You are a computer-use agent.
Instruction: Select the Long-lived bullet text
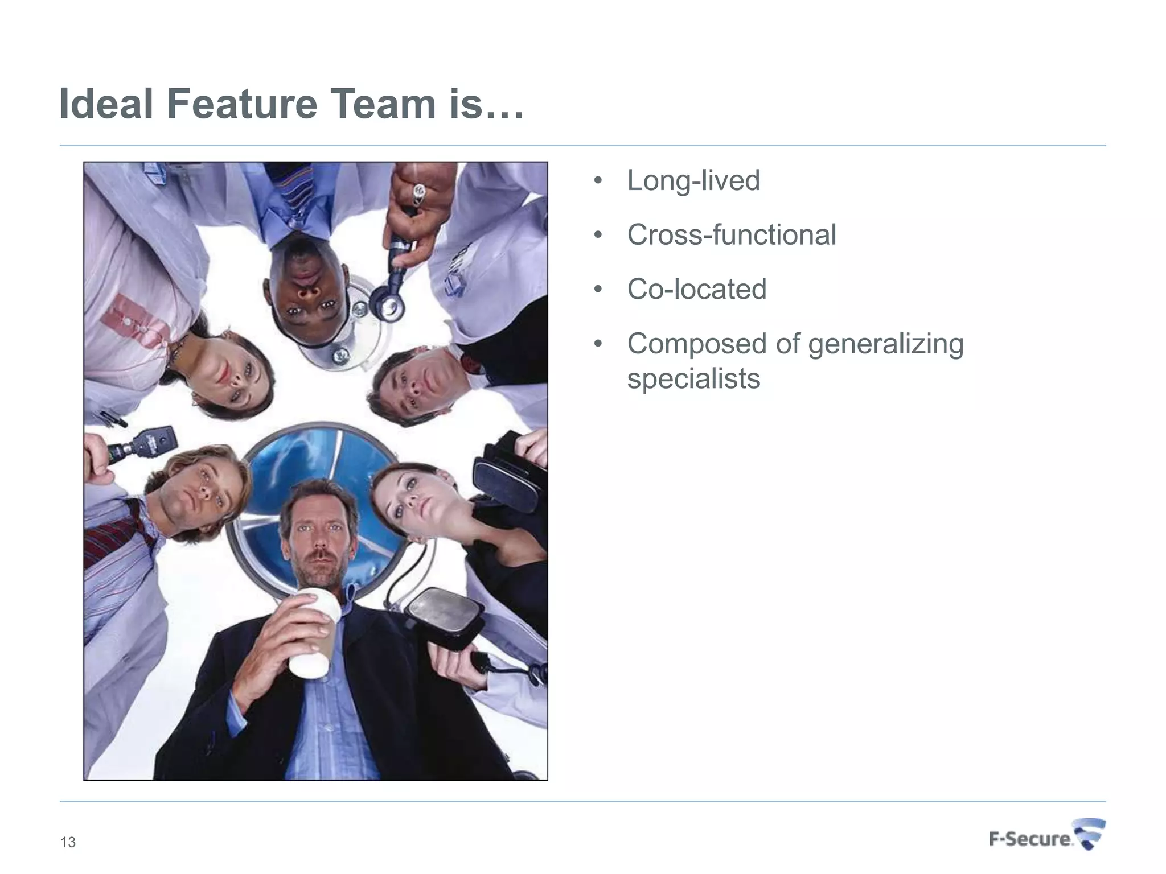point(693,181)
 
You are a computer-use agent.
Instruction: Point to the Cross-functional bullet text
point(731,235)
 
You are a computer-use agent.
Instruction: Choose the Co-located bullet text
point(696,289)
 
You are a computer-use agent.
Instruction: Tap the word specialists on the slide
point(693,378)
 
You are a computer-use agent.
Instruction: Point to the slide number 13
point(68,842)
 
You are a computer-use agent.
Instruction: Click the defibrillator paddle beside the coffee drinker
point(444,617)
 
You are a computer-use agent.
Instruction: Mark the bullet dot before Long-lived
point(597,181)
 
